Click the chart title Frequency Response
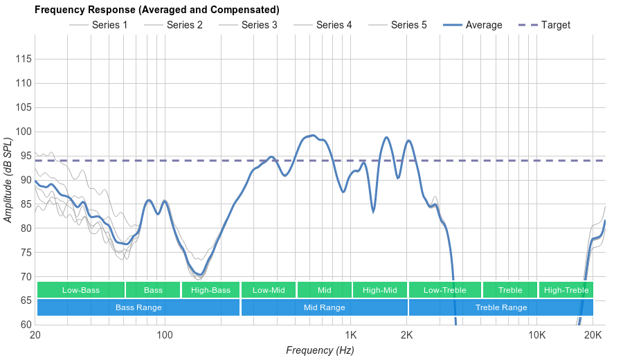coord(157,10)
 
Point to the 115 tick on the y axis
coord(24,60)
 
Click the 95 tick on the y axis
coord(24,156)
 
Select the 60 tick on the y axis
coord(24,325)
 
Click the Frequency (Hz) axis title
coord(320,350)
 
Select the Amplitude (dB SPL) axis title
coord(8,181)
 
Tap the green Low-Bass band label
coord(81,290)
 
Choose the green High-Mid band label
coord(380,290)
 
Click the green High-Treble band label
coord(566,290)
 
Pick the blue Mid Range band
coord(324,307)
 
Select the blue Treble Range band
coord(501,307)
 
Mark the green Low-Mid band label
coord(269,290)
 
